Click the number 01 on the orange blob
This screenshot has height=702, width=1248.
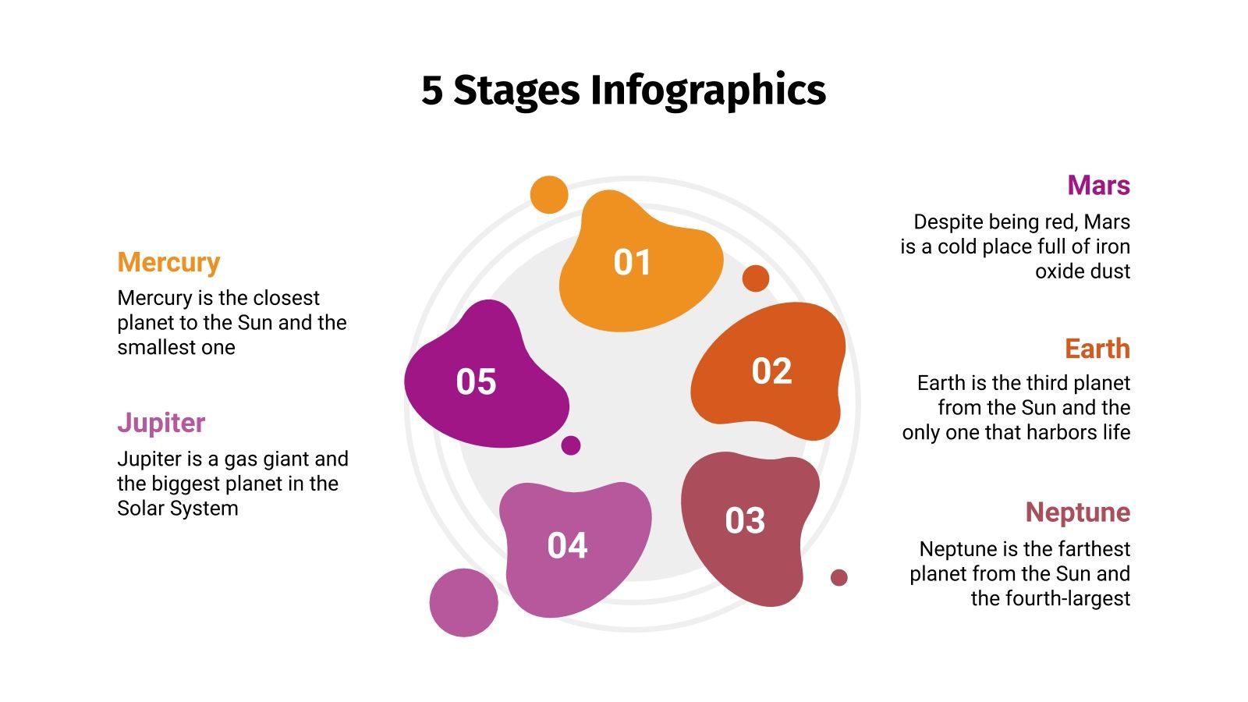pyautogui.click(x=632, y=262)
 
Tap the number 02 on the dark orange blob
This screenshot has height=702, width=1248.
pyautogui.click(x=771, y=371)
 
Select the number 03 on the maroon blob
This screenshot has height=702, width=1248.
pyautogui.click(x=745, y=521)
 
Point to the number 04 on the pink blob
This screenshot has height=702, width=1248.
pyautogui.click(x=567, y=546)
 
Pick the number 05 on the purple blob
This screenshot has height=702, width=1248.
pyautogui.click(x=476, y=382)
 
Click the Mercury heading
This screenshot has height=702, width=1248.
pyautogui.click(x=168, y=263)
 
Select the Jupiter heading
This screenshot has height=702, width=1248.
pyautogui.click(x=161, y=423)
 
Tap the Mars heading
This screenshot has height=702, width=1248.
pyautogui.click(x=1098, y=186)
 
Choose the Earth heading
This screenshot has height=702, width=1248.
pyautogui.click(x=1097, y=349)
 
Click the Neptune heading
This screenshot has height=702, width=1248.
pyautogui.click(x=1077, y=512)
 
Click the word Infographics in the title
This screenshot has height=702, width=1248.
pyautogui.click(x=707, y=90)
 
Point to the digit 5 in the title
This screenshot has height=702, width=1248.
pyautogui.click(x=431, y=90)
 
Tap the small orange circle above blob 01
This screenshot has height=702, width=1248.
pyautogui.click(x=549, y=194)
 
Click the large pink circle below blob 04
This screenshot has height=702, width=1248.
pyautogui.click(x=463, y=602)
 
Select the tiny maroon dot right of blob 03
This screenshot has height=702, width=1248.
pyautogui.click(x=838, y=577)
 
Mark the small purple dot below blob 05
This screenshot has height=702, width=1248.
pyautogui.click(x=571, y=445)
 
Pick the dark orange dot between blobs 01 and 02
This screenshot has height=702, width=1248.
pyautogui.click(x=755, y=278)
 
